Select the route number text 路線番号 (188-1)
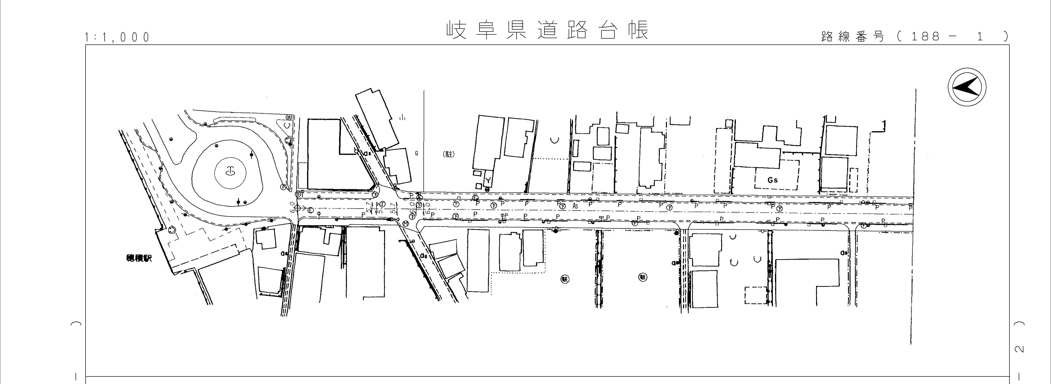click(914, 37)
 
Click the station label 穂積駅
click(139, 258)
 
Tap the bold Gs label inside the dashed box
click(772, 180)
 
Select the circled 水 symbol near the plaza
click(289, 117)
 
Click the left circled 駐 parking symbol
click(565, 279)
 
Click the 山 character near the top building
click(402, 118)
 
